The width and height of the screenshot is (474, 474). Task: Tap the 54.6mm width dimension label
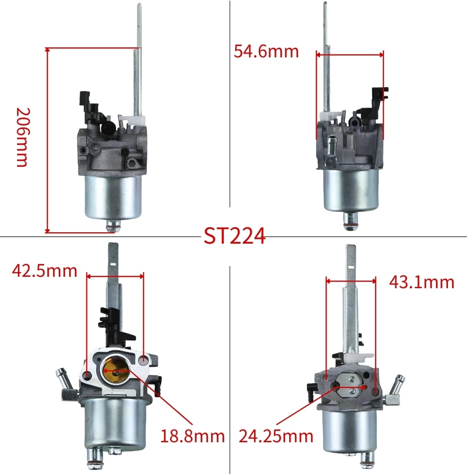(x=266, y=51)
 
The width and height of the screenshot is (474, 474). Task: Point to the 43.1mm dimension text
(x=421, y=283)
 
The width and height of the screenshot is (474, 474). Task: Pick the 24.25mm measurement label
(x=276, y=436)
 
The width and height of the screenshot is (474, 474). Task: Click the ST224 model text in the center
(x=235, y=236)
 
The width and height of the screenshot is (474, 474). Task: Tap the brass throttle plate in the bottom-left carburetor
(x=115, y=370)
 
